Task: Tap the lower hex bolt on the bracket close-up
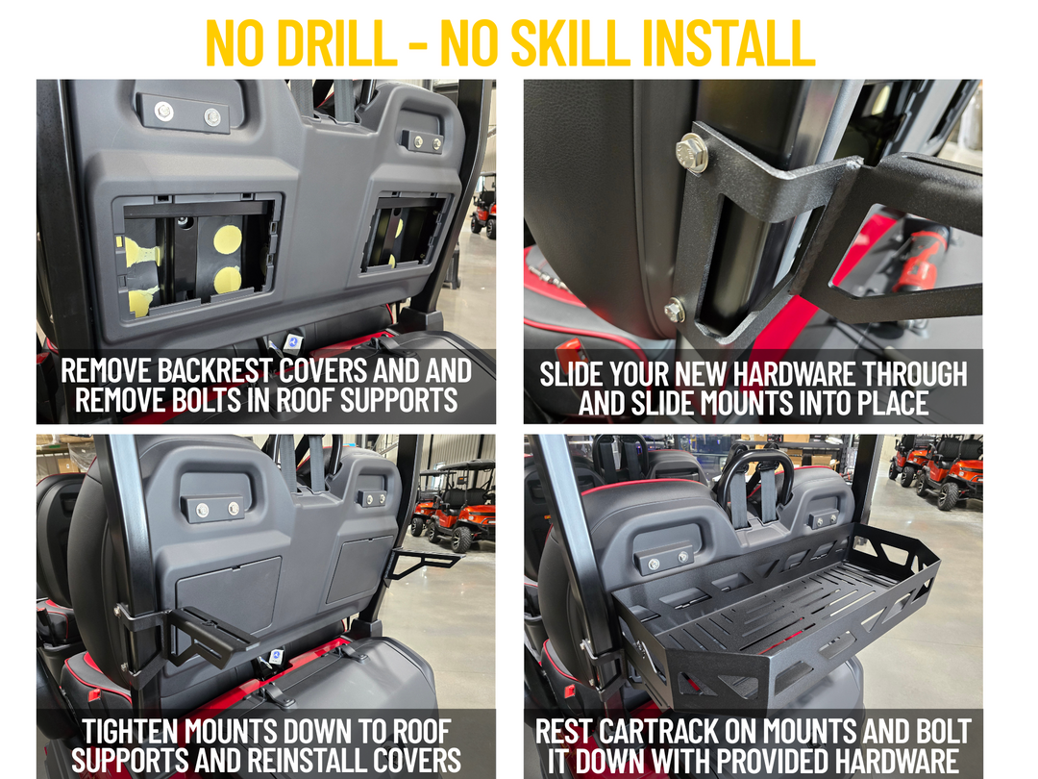(675, 311)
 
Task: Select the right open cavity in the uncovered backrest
(403, 232)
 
